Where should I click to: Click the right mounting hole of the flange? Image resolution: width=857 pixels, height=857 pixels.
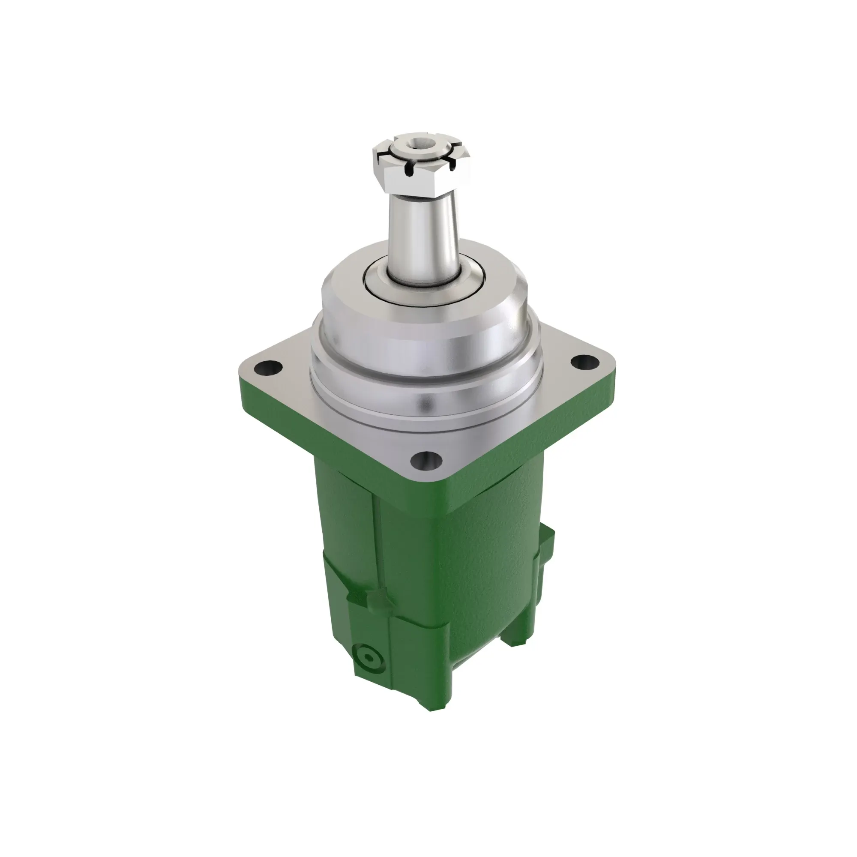584,362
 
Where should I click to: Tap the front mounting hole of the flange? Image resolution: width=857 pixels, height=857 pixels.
426,461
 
